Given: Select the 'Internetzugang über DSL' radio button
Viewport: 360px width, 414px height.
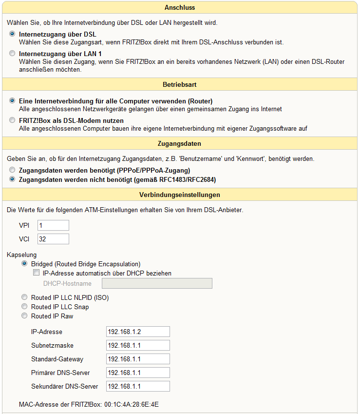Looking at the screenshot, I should click(x=12, y=35).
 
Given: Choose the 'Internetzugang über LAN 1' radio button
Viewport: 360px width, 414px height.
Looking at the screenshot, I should click(x=12, y=54).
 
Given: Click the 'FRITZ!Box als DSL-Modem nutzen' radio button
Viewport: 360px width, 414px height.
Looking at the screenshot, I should click(x=12, y=120).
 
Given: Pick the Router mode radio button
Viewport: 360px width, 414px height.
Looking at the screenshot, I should click(x=12, y=101).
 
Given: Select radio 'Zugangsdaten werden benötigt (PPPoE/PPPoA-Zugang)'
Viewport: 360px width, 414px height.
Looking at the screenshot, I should click(x=12, y=170).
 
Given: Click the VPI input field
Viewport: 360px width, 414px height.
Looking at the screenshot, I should click(x=53, y=225).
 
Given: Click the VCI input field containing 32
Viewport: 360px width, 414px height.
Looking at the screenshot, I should click(x=53, y=239).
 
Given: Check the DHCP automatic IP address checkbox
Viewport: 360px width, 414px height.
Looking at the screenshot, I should click(x=36, y=274).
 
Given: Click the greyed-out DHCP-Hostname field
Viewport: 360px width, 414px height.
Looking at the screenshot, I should click(x=157, y=283).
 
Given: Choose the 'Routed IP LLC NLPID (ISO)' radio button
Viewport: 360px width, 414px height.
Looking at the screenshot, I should click(x=24, y=297).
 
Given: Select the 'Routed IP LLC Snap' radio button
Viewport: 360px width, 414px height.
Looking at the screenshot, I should click(x=24, y=307).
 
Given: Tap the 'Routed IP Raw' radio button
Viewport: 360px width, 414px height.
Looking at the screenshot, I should click(x=24, y=316).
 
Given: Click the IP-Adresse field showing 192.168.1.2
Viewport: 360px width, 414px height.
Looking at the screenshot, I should click(x=138, y=332).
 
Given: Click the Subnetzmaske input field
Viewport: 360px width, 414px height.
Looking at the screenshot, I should click(x=138, y=345).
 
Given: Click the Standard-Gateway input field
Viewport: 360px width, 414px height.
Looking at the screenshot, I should click(x=138, y=359).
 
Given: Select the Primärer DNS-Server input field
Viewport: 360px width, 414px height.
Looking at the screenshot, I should click(x=138, y=373).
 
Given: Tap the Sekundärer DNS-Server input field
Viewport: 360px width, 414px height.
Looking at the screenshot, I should click(x=138, y=386).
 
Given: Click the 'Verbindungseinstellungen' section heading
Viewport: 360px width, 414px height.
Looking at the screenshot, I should click(x=180, y=195).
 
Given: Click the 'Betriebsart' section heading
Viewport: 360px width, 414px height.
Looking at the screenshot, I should click(x=180, y=84).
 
